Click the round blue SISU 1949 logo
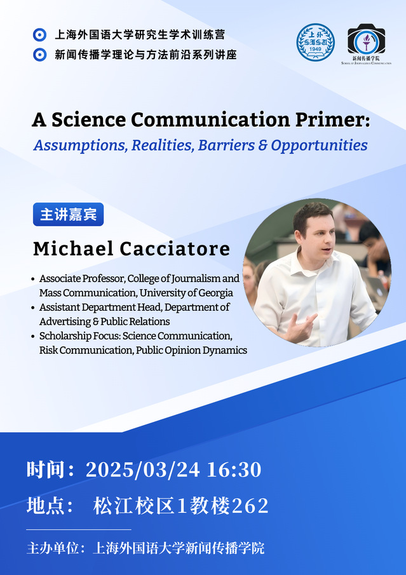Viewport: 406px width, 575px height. coord(315,42)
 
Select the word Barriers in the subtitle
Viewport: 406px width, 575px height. coord(226,145)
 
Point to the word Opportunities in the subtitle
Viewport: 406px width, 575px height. coord(319,145)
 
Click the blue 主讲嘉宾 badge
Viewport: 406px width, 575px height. coord(68,215)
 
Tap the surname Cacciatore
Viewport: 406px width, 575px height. coord(175,249)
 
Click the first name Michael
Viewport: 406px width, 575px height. coord(73,249)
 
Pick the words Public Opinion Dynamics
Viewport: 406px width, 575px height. coord(191,351)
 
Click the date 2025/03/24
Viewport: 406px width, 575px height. coord(143,470)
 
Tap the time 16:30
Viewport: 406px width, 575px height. coord(234,470)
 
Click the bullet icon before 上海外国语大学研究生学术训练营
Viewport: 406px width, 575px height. coord(39,35)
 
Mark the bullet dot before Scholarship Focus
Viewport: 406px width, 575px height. coord(34,336)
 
